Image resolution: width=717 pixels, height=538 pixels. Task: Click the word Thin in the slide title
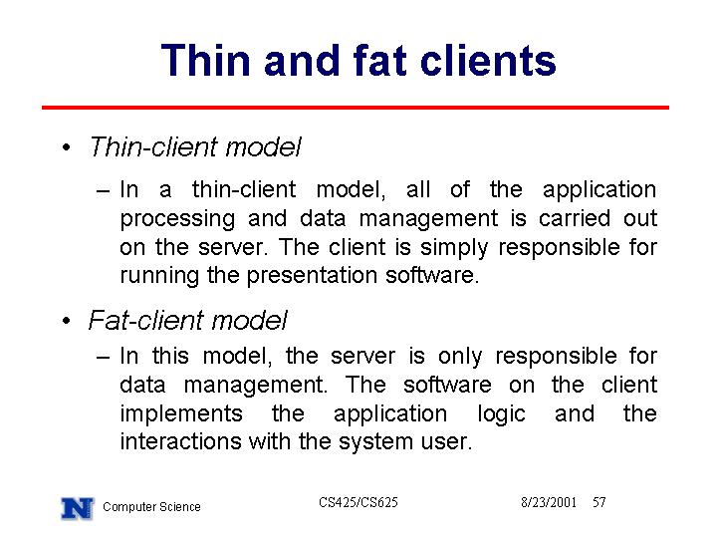[206, 60]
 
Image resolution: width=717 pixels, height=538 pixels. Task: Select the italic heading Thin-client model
[195, 147]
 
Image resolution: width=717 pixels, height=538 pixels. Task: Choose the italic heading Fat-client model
[187, 320]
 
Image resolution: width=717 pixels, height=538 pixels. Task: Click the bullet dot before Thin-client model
[67, 147]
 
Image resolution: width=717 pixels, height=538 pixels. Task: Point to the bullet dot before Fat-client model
[67, 320]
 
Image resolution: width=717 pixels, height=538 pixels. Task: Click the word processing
[178, 219]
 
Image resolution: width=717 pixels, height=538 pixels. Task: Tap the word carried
[575, 218]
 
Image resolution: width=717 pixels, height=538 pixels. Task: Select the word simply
[454, 248]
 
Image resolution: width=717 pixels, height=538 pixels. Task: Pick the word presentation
[312, 276]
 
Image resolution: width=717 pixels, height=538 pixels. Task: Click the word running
[159, 277]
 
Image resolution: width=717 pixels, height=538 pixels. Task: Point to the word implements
[181, 414]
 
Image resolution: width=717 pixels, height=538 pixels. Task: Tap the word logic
[502, 414]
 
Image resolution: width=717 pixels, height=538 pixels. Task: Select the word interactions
[180, 442]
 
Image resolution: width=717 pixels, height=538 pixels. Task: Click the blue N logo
[78, 508]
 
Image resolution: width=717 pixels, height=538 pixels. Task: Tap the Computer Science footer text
[151, 507]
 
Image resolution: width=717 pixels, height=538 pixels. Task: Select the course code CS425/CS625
[358, 502]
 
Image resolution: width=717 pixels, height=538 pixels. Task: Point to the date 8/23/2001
[549, 502]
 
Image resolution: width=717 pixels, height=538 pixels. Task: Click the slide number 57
[599, 502]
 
